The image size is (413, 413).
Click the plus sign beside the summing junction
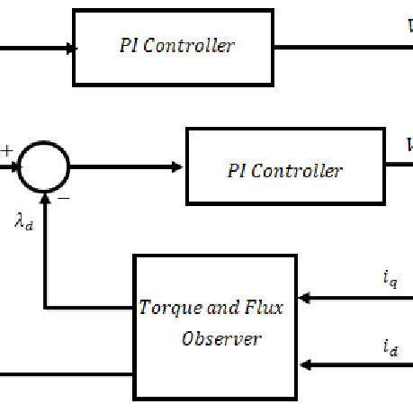click(x=8, y=151)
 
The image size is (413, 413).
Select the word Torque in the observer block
click(x=165, y=309)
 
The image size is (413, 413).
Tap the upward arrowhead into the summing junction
click(x=43, y=199)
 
